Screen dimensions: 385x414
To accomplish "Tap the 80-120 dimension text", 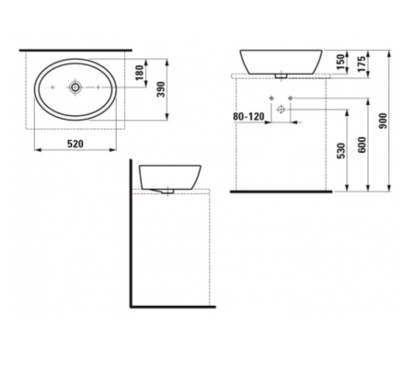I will point(248,117).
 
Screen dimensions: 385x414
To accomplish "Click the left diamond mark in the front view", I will point(273,99).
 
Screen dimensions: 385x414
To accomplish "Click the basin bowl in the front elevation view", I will point(282,59).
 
